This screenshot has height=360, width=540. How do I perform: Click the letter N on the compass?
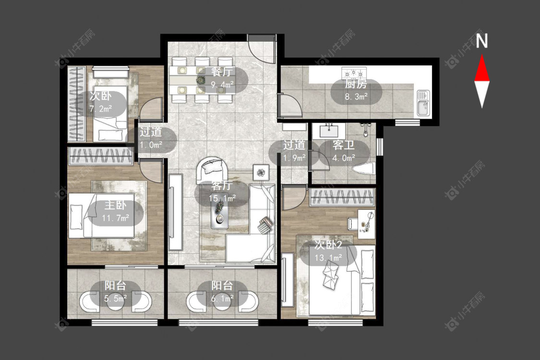(x=482, y=40)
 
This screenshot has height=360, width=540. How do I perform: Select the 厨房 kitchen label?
(x=356, y=84)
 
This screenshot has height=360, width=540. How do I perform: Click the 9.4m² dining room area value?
(x=222, y=85)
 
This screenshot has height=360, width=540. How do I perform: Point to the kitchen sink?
(x=423, y=103)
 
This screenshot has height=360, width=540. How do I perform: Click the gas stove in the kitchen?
(x=354, y=73)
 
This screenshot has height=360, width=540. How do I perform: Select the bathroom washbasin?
(x=330, y=131)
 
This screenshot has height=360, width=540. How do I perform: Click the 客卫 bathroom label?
(x=343, y=145)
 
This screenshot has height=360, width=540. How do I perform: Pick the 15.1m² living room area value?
(x=222, y=198)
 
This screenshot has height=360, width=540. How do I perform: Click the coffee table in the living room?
(x=220, y=213)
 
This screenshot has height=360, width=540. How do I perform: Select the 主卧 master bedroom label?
(x=115, y=205)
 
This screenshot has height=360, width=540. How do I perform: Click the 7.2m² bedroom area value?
(x=101, y=109)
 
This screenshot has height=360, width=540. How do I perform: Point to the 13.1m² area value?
(x=328, y=258)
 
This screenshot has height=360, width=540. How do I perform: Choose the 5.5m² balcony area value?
(x=115, y=299)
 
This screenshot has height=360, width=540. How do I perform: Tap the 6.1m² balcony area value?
(x=222, y=299)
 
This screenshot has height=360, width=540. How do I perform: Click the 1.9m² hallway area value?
(x=294, y=158)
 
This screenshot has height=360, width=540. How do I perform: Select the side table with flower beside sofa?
(x=262, y=172)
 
